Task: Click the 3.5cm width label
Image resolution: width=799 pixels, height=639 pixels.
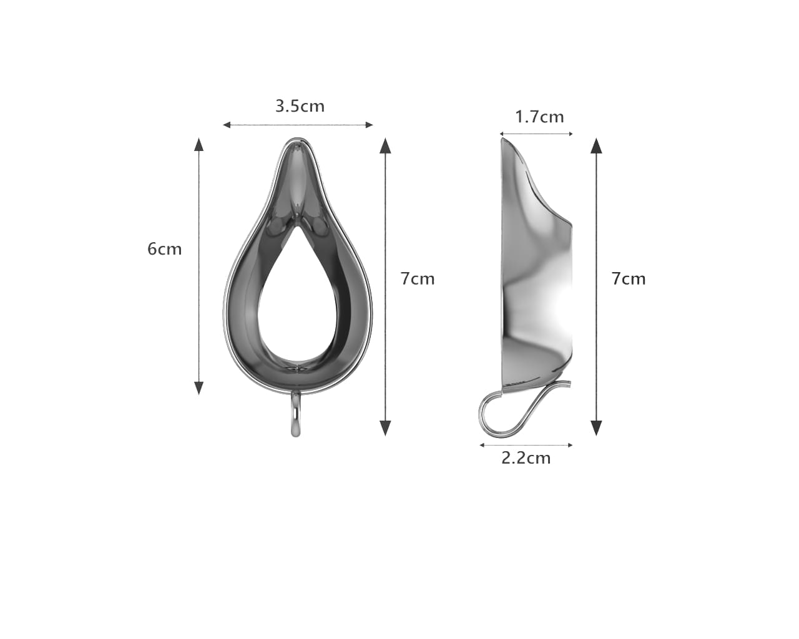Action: pos(300,106)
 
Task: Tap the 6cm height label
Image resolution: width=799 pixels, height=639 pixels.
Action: pos(164,249)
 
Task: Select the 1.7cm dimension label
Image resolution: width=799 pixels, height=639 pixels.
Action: pos(539,117)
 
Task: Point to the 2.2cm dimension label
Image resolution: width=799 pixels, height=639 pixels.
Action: pos(526,458)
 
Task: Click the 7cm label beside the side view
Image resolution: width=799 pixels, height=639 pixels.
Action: pos(629,278)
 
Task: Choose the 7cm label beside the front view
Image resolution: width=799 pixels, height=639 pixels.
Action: pos(418,278)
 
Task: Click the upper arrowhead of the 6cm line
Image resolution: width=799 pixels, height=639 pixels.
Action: pos(199,144)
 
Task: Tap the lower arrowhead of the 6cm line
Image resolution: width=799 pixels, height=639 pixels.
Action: pos(199,388)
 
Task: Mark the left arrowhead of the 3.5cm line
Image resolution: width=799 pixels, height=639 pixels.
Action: pos(227,125)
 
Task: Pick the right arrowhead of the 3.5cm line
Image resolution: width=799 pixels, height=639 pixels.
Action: pos(369,125)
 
